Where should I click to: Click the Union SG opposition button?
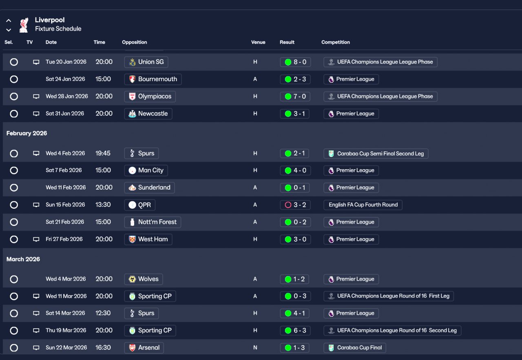pos(146,62)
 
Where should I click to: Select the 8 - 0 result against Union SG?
pos(295,62)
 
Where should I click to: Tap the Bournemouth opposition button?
pos(153,79)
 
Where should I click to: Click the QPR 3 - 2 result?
pos(295,205)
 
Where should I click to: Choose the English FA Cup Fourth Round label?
pos(363,205)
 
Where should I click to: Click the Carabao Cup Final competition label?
pos(355,348)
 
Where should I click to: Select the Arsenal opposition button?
pos(144,348)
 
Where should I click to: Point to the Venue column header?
pos(258,42)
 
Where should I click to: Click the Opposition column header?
pos(135,42)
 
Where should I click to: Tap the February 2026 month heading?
pos(27,133)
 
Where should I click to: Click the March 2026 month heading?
pos(24,259)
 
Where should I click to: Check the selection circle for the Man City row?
pos(14,170)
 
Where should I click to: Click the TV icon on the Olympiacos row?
pos(36,97)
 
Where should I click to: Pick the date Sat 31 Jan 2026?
pos(65,114)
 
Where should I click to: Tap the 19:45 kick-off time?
pos(103,153)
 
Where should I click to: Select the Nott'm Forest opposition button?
pos(153,222)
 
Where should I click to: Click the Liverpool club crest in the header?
pos(24,25)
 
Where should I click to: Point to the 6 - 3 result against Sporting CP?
pos(295,331)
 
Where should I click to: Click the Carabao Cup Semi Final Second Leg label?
pos(376,154)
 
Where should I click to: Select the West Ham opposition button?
pos(148,239)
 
